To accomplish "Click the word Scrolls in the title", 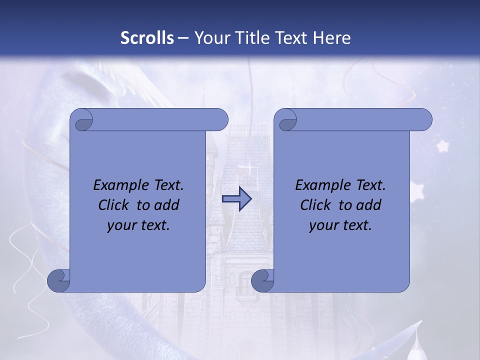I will [x=147, y=38].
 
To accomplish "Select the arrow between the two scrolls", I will [x=236, y=199].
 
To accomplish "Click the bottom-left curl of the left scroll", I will [x=58, y=280].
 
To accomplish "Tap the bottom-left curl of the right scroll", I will [x=262, y=280].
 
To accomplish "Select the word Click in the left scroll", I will [x=112, y=205].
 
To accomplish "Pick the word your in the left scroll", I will [x=120, y=225].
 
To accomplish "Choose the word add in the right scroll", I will [x=370, y=205].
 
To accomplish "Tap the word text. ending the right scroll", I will [x=356, y=225].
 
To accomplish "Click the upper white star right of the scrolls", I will [x=442, y=146].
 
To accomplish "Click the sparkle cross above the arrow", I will [x=247, y=167].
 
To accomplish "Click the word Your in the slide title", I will [x=210, y=38].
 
